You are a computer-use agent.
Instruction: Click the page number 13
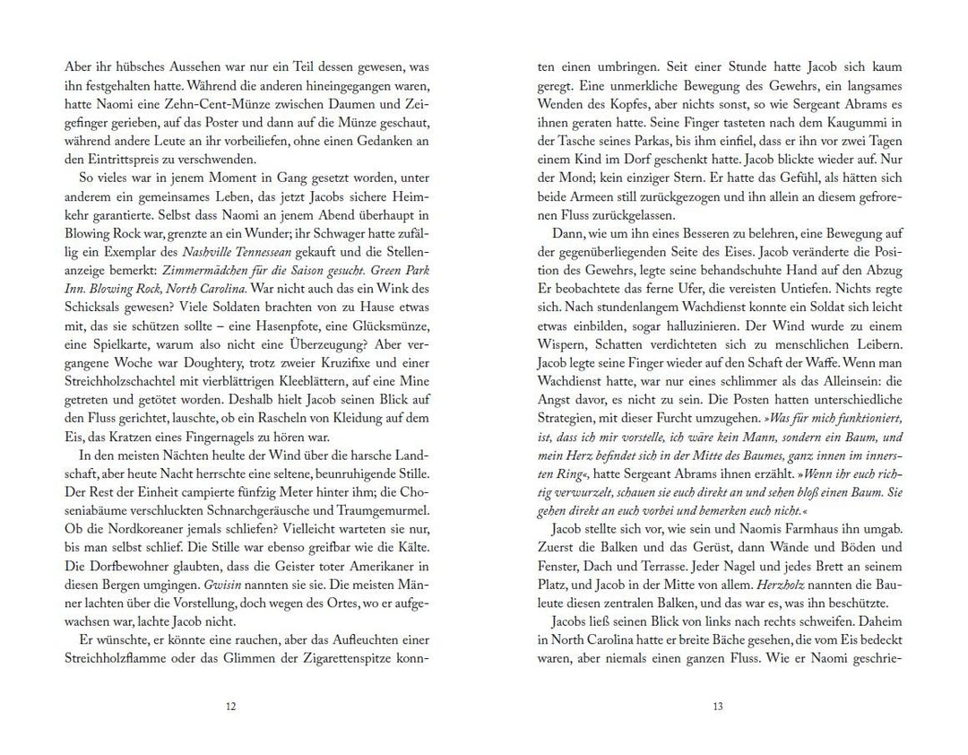(717, 707)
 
